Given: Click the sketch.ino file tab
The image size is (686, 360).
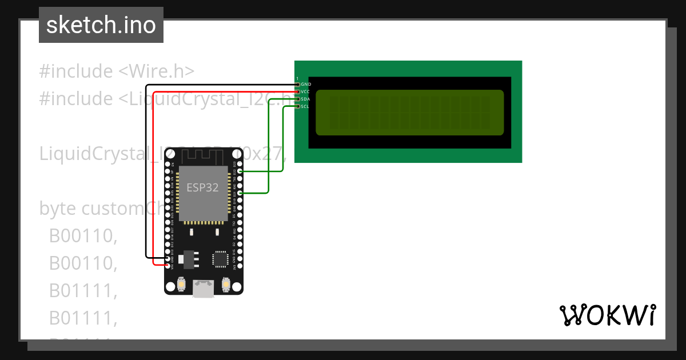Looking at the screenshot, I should pos(101,25).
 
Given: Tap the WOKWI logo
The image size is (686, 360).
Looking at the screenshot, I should pos(607,315).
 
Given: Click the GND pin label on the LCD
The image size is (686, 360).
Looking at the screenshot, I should pos(306,85).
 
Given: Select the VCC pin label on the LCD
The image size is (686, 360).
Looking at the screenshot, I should pos(306,92).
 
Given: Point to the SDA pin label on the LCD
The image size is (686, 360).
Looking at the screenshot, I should pos(306,99).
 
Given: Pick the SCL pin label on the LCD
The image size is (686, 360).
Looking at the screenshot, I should pos(306,106).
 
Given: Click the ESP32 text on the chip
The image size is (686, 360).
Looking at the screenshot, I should pos(202,187).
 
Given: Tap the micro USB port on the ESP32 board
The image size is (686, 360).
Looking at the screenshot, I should pos(204,289).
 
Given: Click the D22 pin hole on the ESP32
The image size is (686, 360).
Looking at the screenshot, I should pos(240,171).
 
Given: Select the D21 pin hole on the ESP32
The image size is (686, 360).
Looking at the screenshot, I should pos(240,193).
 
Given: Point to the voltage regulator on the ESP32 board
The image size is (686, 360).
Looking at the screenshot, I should pos(188,259).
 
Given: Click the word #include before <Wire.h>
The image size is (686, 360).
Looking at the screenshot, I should pos(76,71).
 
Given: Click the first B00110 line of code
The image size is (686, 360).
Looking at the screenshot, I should pos(83,236).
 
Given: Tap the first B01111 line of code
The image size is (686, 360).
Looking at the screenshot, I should pos(83,291).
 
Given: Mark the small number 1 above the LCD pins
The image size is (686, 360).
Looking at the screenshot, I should pos(297,78).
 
